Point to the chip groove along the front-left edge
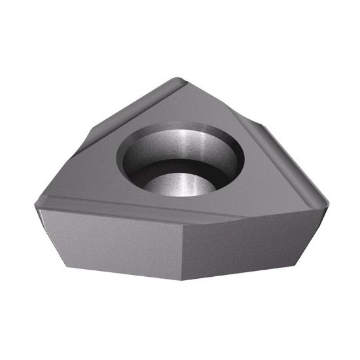point(111,209)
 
